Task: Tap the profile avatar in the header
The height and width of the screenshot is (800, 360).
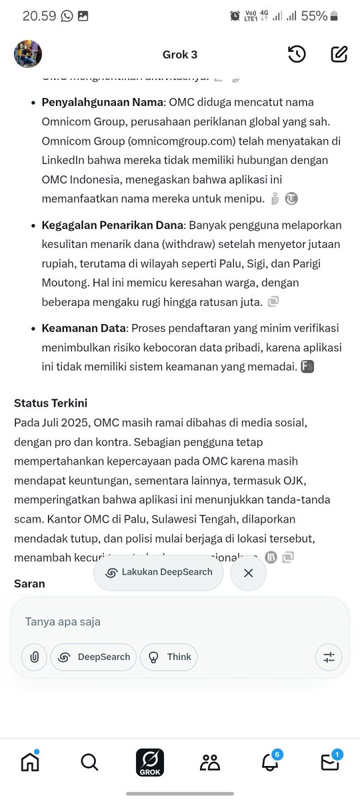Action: point(28,54)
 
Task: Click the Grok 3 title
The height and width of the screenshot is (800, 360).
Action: point(180,55)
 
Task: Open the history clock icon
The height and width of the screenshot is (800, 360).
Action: point(297,55)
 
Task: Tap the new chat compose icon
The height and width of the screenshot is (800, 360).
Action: point(339,55)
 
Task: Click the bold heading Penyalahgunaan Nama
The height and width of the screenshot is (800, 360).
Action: point(103,103)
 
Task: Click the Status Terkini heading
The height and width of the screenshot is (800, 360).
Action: point(51,403)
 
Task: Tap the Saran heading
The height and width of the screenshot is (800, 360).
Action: point(29,583)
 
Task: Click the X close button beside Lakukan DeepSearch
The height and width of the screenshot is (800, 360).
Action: point(248,573)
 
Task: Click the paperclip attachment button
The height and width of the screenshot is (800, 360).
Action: point(34,657)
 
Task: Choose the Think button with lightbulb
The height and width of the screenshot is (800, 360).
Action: point(169,657)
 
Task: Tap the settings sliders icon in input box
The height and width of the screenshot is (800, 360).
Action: point(329,657)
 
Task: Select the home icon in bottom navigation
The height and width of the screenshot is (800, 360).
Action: point(30,761)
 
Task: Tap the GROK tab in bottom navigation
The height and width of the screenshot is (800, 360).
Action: point(150,762)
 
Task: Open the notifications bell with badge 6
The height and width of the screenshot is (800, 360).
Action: point(270,762)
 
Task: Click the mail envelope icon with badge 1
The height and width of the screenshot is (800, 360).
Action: point(330,762)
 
